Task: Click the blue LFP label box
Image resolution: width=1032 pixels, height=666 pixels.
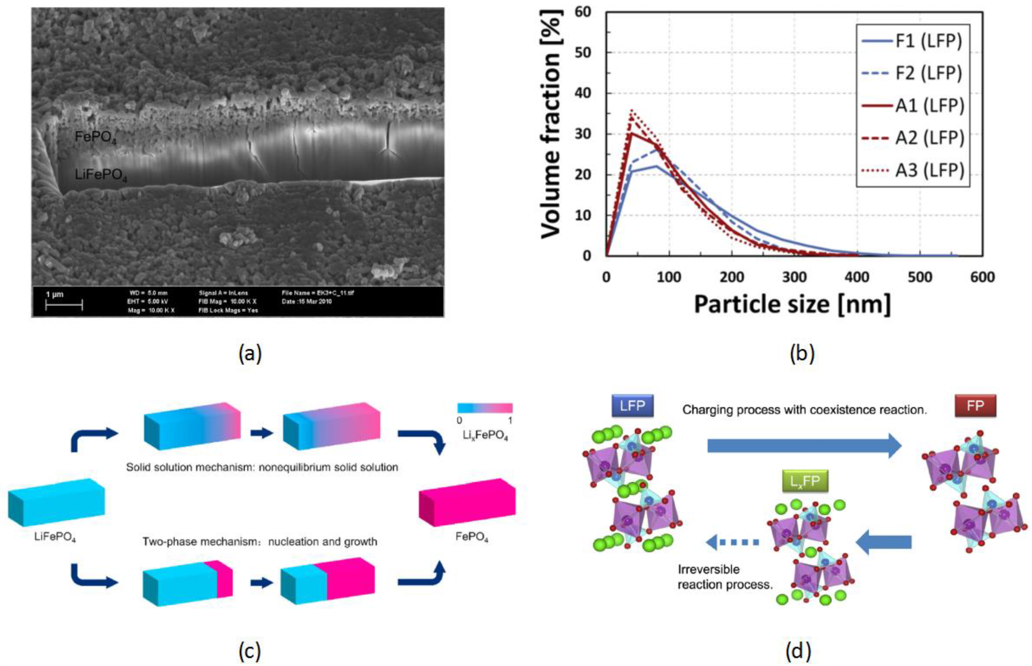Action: (632, 406)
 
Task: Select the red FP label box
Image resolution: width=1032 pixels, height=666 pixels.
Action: (975, 406)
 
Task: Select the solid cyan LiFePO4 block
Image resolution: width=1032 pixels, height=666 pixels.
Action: (56, 503)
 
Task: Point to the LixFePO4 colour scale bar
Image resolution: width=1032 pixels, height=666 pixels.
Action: (485, 408)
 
